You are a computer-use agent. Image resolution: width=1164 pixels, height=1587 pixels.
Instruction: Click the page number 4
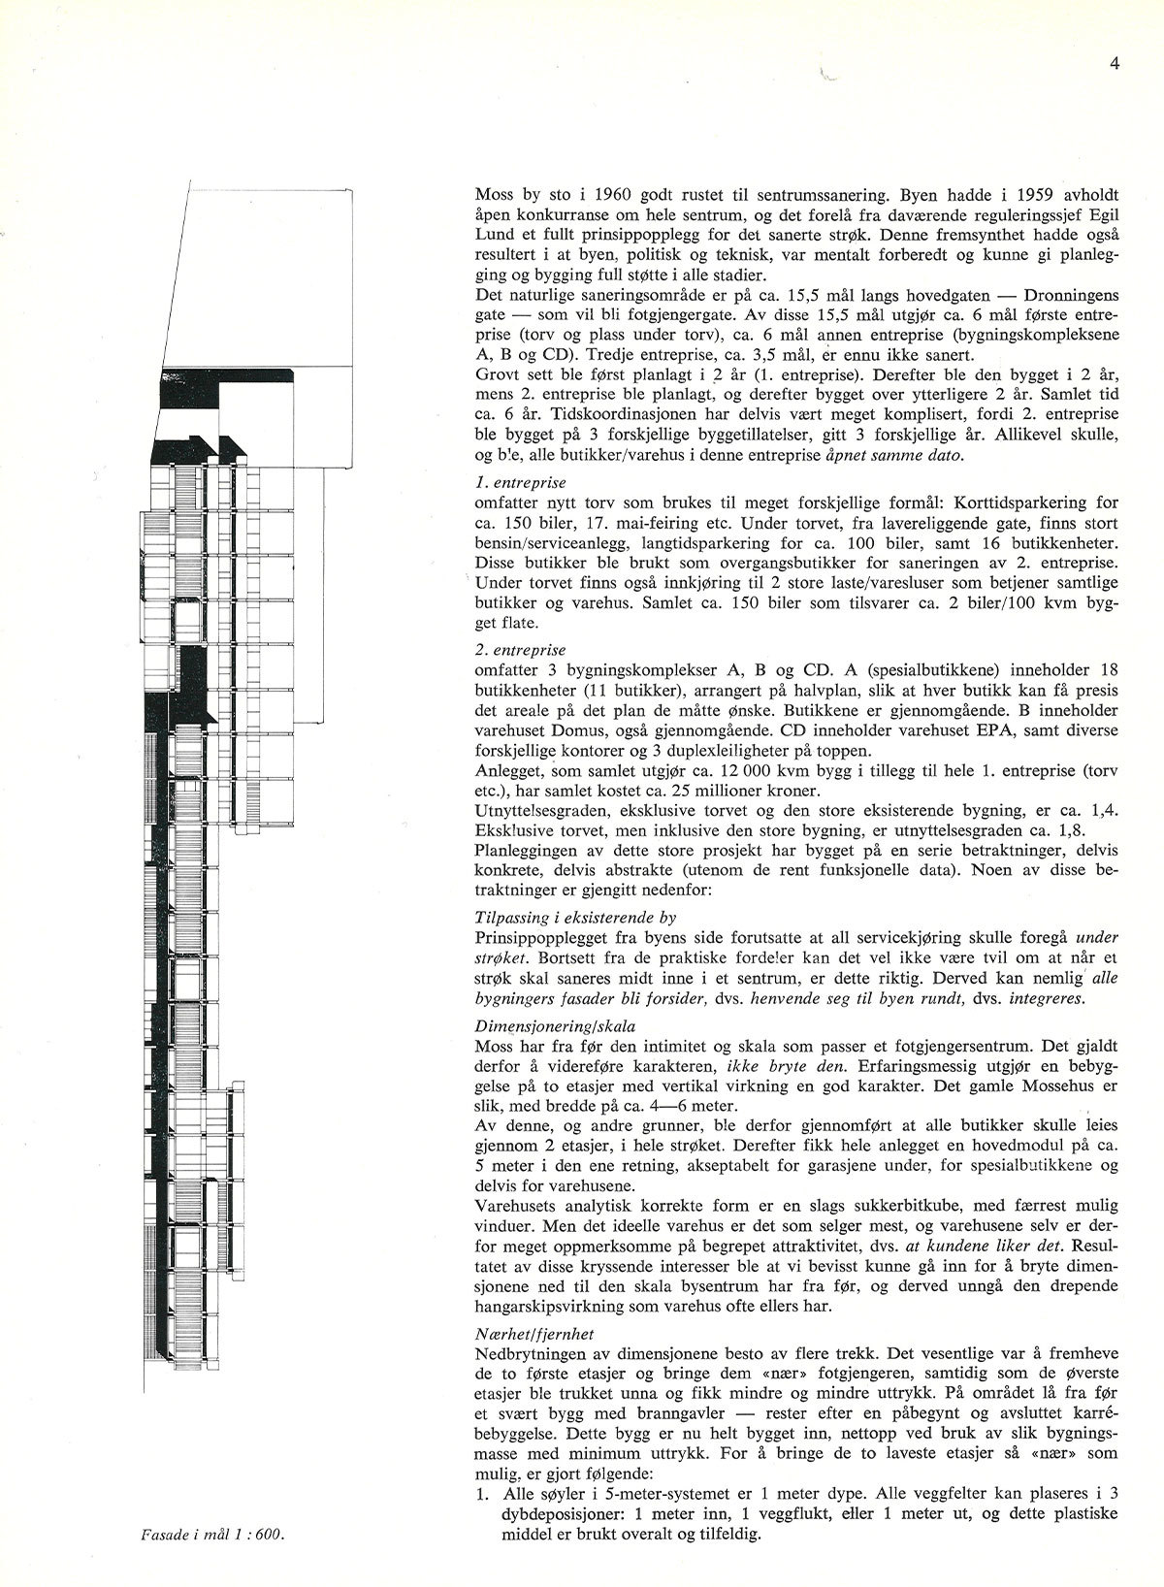(1115, 65)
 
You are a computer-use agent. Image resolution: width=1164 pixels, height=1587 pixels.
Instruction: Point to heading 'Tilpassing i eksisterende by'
(576, 916)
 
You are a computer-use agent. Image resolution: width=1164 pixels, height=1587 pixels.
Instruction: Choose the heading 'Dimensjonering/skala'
(555, 1025)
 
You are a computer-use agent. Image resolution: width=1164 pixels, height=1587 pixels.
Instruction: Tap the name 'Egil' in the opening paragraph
(1101, 212)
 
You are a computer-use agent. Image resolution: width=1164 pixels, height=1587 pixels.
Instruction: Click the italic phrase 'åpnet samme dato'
(886, 456)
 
